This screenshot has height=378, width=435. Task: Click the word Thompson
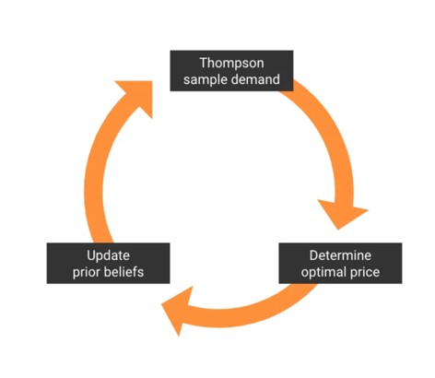(231, 64)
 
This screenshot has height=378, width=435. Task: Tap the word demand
(255, 79)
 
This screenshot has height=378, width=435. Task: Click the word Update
(108, 255)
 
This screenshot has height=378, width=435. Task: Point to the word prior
(87, 272)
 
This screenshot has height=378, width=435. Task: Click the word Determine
(340, 255)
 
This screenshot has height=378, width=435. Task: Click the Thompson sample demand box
(231, 71)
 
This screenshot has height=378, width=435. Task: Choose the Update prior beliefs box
(108, 264)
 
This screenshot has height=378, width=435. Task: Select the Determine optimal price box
(340, 264)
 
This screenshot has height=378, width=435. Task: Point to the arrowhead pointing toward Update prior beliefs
(178, 309)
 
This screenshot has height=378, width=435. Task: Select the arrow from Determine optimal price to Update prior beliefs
(242, 316)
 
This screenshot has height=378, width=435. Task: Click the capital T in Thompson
(204, 63)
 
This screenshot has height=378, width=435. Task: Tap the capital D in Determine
(313, 255)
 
